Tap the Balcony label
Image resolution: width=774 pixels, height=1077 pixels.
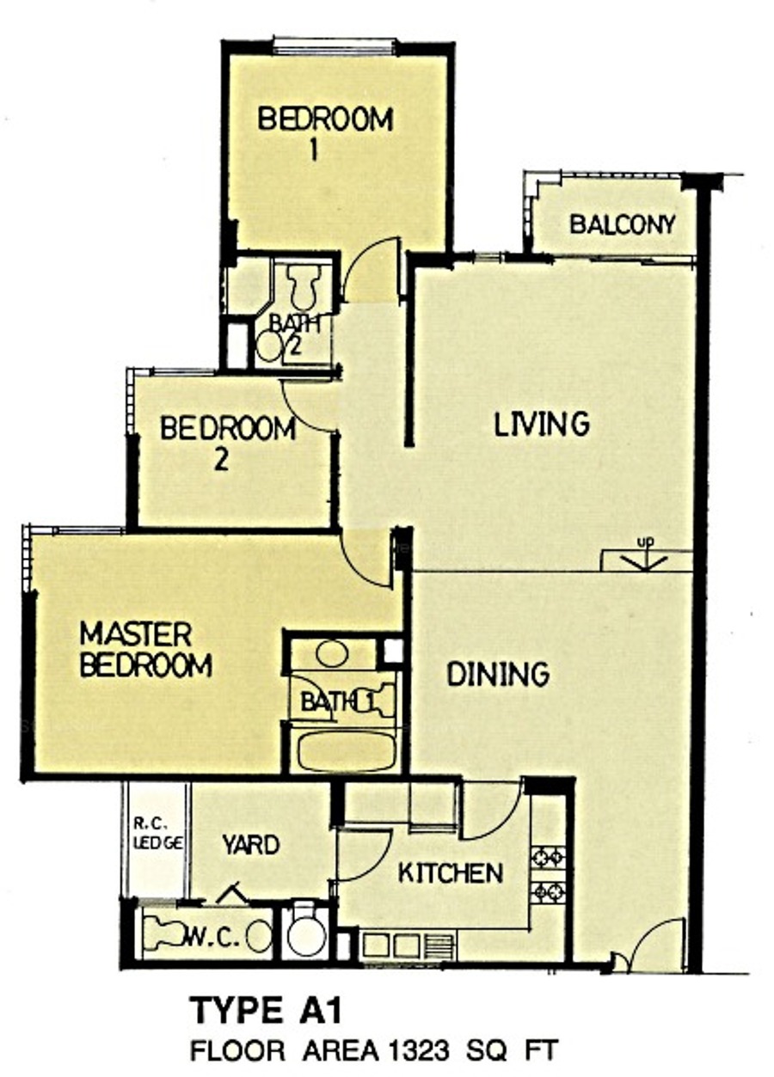623,224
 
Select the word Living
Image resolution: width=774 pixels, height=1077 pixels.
542,424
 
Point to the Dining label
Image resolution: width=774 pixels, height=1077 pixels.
498,674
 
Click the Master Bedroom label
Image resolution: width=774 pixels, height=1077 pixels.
145,650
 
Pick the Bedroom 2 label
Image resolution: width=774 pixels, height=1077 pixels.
228,443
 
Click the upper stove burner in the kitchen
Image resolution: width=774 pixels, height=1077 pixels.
548,856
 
